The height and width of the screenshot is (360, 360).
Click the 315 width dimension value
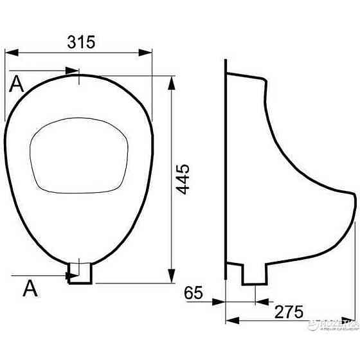click(x=81, y=42)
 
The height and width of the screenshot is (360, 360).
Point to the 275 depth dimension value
click(x=289, y=312)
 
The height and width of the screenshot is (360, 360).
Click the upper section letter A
click(x=17, y=84)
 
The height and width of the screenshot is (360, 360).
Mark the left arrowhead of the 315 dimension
click(x=9, y=53)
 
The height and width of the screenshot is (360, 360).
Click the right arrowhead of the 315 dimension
click(x=148, y=53)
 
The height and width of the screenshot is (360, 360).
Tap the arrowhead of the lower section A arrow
click(x=66, y=276)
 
